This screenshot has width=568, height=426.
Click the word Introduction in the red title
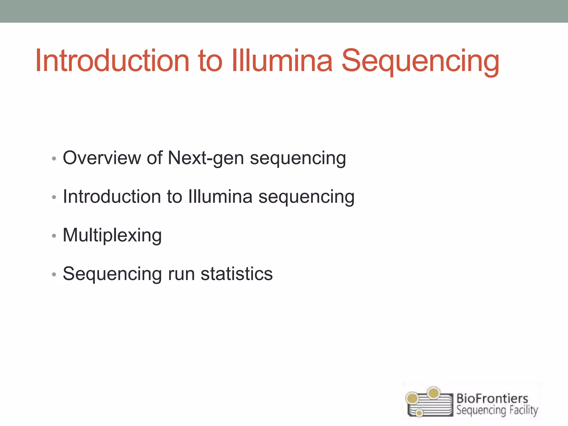pyautogui.click(x=112, y=61)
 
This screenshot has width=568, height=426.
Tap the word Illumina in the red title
pyautogui.click(x=282, y=61)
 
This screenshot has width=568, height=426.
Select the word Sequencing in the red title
pyautogui.click(x=420, y=61)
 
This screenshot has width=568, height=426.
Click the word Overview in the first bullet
pyautogui.click(x=102, y=158)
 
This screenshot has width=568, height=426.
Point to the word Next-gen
pyautogui.click(x=206, y=158)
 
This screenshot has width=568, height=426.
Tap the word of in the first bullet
pyautogui.click(x=154, y=158)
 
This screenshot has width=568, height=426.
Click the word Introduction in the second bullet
pyautogui.click(x=112, y=197)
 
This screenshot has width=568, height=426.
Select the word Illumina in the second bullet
pyautogui.click(x=220, y=197)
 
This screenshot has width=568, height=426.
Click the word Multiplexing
pyautogui.click(x=112, y=235)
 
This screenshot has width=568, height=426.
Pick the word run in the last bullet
pyautogui.click(x=181, y=274)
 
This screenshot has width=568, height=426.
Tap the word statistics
pyautogui.click(x=237, y=274)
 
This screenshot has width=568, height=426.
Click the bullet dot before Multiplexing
pyautogui.click(x=54, y=236)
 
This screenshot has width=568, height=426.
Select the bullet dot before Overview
pyautogui.click(x=54, y=159)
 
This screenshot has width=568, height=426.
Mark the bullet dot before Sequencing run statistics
pyautogui.click(x=54, y=275)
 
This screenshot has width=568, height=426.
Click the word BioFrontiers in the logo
pyautogui.click(x=492, y=399)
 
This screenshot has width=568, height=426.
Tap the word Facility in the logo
pyautogui.click(x=522, y=410)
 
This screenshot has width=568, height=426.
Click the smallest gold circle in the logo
pyautogui.click(x=420, y=413)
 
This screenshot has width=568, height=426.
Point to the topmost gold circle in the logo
pyautogui.click(x=433, y=393)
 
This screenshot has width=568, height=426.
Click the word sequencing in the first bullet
pyautogui.click(x=298, y=158)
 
